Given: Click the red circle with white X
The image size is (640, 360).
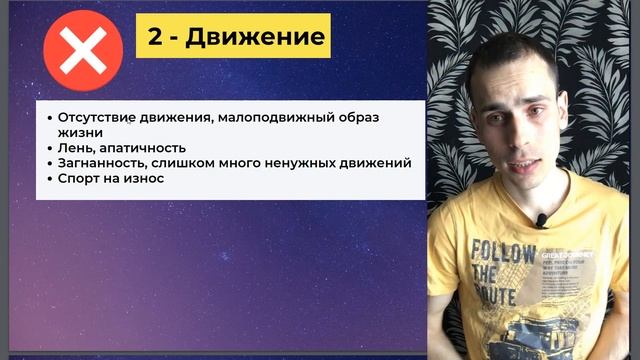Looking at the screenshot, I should point(84,51).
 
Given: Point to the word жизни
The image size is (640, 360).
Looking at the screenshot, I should point(78,132).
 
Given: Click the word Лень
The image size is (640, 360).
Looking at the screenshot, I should point(75,147).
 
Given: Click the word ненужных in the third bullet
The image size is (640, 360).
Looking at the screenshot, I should point(300,162).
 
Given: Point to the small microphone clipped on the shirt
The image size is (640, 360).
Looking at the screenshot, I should point(541,220).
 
